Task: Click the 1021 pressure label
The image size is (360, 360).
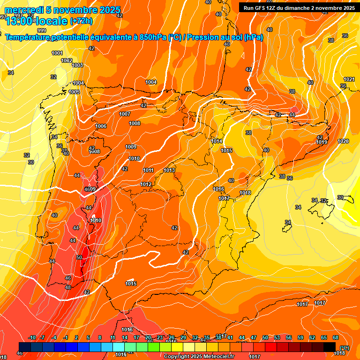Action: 349,79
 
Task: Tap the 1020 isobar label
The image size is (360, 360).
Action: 343,141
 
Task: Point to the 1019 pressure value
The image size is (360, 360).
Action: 321,142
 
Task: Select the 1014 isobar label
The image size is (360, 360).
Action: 216,141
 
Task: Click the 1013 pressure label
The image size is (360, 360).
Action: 169,170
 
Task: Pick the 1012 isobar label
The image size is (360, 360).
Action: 146,184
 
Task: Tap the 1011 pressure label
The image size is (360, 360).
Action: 149,170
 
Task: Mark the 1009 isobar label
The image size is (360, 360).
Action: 131,147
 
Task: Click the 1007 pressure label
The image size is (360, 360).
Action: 125,114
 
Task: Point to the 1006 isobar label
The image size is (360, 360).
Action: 101,126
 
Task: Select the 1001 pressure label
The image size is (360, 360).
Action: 57,53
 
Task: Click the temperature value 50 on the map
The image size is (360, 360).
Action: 79,257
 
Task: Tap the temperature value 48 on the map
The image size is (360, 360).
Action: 68,287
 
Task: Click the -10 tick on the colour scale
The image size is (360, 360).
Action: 32,337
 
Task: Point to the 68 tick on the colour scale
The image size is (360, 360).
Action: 336,337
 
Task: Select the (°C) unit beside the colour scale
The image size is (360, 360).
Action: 344,347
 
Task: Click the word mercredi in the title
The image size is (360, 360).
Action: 24,10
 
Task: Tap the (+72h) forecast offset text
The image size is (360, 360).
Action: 81,21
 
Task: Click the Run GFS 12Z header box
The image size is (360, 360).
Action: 299,7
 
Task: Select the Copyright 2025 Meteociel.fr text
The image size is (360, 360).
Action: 198,356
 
